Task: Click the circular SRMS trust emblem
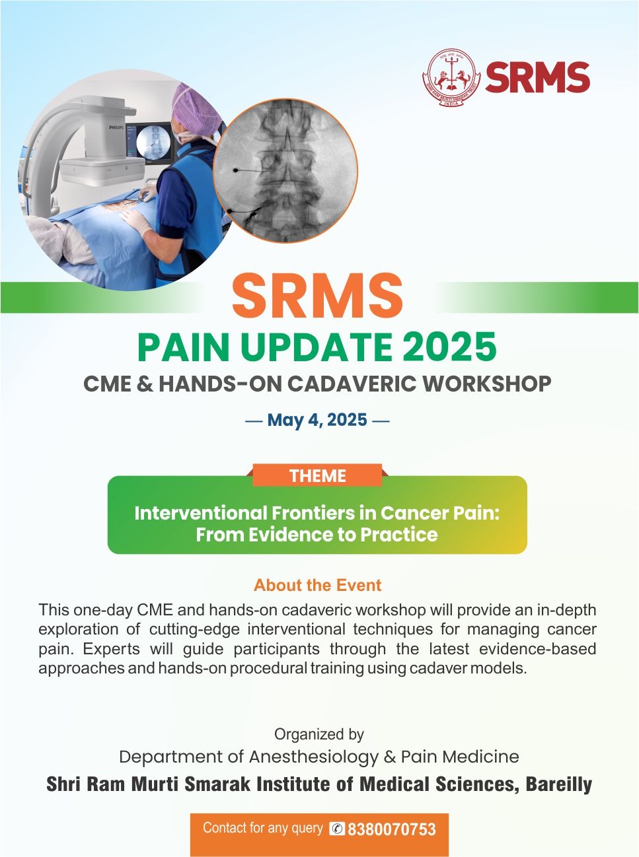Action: click(451, 77)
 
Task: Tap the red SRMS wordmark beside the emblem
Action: click(537, 77)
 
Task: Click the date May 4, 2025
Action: click(317, 420)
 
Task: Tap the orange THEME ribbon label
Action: click(318, 475)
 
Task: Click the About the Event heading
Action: click(318, 584)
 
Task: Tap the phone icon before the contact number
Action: click(337, 828)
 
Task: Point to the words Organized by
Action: click(319, 734)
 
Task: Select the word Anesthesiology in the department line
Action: click(314, 757)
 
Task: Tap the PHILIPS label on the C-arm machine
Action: click(116, 127)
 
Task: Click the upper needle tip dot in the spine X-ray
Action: click(235, 170)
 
